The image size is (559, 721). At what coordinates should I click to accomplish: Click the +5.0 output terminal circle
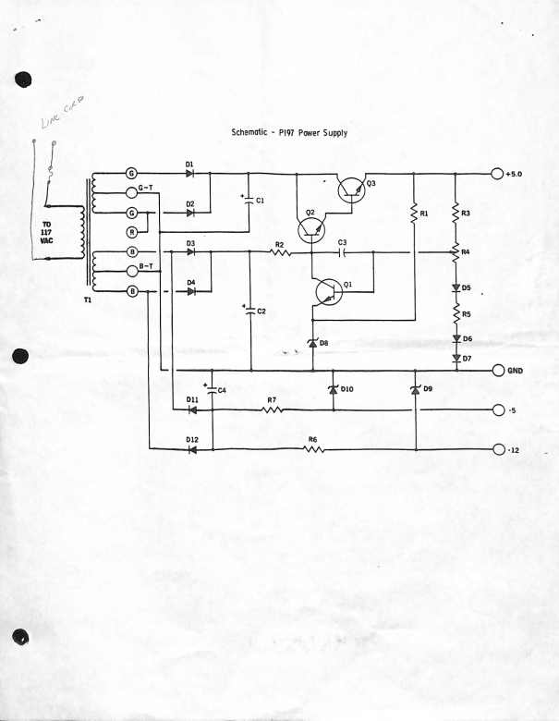coord(498,174)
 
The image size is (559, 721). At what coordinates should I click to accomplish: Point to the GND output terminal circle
coord(498,371)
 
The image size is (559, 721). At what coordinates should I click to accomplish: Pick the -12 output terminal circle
coord(498,449)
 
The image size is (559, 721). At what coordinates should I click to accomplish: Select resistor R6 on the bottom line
coord(313,449)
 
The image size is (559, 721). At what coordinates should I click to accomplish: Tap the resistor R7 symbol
coord(272,409)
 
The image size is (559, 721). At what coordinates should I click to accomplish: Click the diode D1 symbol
coord(190,174)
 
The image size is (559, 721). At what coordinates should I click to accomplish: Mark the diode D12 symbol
coord(191,449)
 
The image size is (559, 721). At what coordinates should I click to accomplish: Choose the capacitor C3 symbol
coord(342,251)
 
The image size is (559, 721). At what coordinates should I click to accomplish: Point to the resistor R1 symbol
coord(413,214)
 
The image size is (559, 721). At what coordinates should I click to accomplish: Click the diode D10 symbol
coord(332,389)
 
